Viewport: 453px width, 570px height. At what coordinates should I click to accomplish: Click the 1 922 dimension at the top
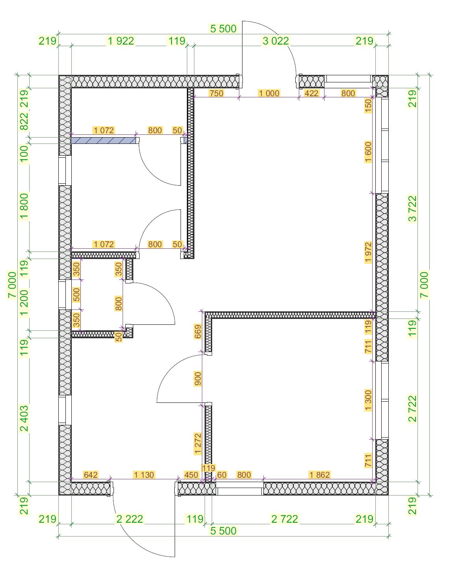click(121, 41)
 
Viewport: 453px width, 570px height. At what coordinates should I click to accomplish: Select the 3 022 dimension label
click(276, 41)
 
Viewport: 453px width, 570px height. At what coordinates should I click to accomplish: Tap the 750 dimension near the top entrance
click(216, 93)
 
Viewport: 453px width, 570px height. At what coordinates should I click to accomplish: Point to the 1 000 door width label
click(269, 93)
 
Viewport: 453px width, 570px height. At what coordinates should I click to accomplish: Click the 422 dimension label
click(311, 93)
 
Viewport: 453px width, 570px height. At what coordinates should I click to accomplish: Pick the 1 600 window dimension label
click(368, 152)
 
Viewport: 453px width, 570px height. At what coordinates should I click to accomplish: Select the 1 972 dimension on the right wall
click(368, 252)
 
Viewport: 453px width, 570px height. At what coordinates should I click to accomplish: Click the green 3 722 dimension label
click(413, 209)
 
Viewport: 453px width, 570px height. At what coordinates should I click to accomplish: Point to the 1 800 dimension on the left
click(24, 207)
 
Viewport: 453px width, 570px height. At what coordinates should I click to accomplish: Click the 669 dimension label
click(198, 332)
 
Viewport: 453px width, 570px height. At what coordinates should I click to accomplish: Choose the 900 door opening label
click(198, 379)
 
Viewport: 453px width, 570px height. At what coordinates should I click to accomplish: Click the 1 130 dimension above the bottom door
click(144, 475)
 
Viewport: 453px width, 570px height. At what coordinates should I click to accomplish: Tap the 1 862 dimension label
click(319, 475)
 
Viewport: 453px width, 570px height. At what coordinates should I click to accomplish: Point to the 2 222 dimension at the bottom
click(130, 519)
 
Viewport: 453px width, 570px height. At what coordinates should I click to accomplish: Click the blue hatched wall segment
click(104, 140)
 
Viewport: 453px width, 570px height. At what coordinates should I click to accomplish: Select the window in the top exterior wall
click(348, 81)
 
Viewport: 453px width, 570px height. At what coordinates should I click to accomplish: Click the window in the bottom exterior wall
click(240, 488)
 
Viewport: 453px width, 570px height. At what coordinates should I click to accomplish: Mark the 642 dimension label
click(91, 475)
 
